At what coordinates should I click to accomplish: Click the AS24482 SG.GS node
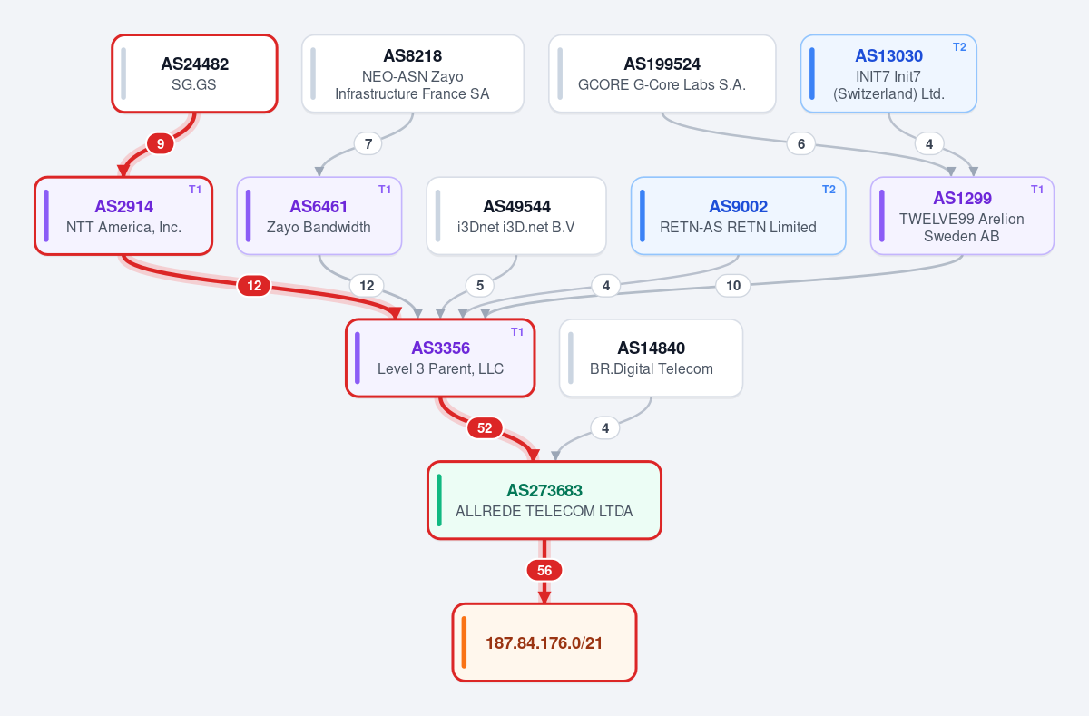194,74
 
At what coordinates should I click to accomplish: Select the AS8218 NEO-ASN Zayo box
413,74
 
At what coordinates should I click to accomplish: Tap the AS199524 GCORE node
662,74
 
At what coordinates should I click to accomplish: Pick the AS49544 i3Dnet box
516,216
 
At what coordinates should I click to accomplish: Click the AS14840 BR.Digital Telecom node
651,358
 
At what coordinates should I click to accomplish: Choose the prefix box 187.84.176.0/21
544,642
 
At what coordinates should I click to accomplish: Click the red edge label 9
161,144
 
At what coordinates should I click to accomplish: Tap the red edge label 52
485,428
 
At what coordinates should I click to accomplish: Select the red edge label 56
544,570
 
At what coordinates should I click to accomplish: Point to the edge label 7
368,144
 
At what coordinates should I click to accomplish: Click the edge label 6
801,144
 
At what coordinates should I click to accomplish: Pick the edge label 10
733,286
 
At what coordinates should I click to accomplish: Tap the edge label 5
480,286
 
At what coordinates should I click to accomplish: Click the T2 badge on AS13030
959,47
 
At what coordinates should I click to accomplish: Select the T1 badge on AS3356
517,332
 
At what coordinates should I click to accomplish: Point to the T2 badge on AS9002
829,190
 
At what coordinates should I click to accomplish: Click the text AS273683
544,490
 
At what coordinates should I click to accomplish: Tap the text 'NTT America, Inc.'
123,228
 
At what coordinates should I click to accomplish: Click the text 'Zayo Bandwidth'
319,228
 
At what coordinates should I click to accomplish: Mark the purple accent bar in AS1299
882,216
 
